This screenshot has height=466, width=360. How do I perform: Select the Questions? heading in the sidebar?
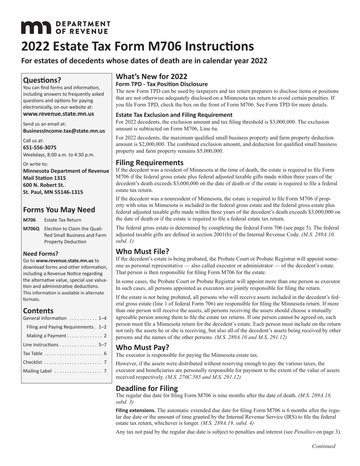pos(42,80)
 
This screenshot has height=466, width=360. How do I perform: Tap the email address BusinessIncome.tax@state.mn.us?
pos(64,131)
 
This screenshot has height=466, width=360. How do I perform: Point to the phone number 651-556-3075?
pos(40,147)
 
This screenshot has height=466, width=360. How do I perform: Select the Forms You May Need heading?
pos(59,210)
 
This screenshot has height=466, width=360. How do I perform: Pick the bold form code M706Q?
pos(31,228)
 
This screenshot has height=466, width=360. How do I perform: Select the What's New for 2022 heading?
pos(152,77)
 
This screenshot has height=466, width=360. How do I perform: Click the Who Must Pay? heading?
pos(142,347)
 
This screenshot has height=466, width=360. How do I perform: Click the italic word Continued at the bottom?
pos(323,446)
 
